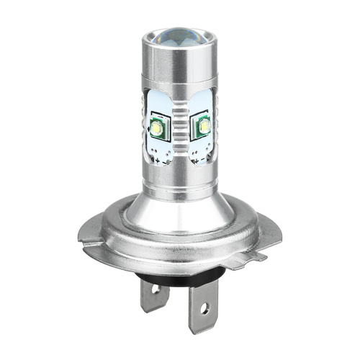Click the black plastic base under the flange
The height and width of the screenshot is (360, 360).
173,270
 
